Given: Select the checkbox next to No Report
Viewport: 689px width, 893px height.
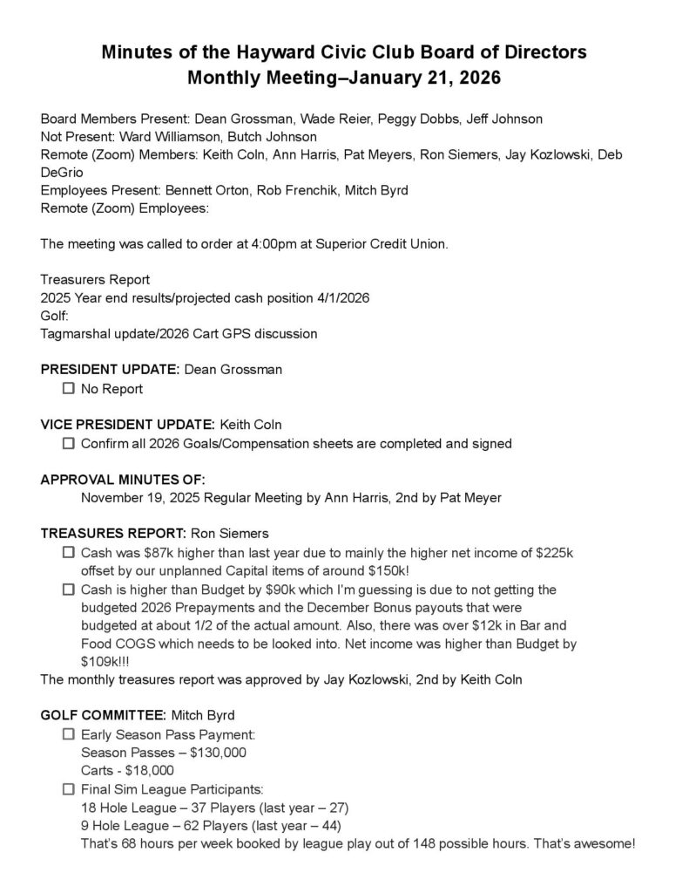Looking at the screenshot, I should [x=69, y=388].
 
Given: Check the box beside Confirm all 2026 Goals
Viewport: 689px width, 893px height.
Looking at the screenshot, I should [x=69, y=443].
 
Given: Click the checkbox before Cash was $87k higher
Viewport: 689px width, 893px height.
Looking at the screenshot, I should [x=69, y=553].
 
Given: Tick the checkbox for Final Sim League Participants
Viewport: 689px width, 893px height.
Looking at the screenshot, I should [x=69, y=789].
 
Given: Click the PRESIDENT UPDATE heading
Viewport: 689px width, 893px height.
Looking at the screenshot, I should [x=111, y=370].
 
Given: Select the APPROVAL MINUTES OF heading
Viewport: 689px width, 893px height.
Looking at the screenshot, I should [x=123, y=480].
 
